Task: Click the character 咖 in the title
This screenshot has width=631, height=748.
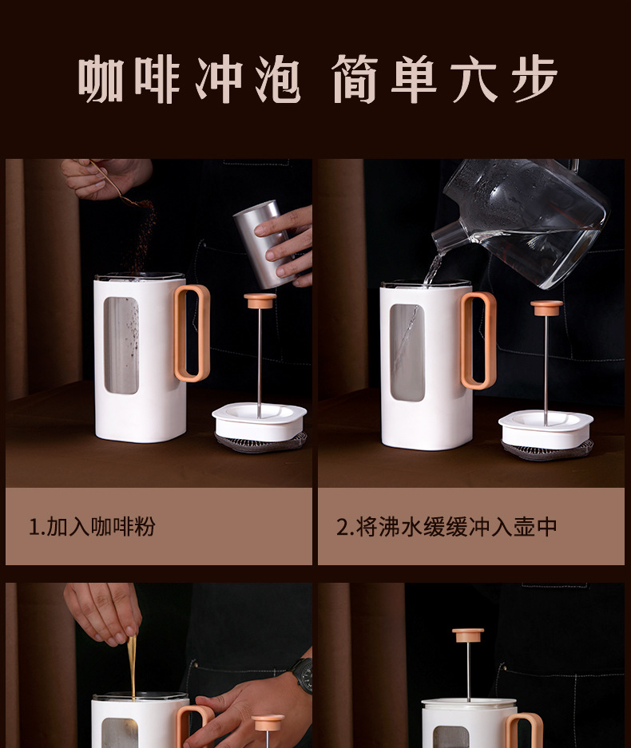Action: point(101,79)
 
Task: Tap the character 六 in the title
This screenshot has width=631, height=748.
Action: point(475,79)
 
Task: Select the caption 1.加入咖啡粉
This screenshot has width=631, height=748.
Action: point(92,527)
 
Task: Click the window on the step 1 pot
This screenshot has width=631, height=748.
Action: point(121,346)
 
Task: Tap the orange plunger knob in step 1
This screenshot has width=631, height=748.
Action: point(260,300)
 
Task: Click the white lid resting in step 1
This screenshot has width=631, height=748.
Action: point(260,420)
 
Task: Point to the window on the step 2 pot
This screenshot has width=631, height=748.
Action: point(407,352)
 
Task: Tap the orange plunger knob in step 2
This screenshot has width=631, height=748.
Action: point(546,307)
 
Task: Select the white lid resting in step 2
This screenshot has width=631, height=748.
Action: point(546,427)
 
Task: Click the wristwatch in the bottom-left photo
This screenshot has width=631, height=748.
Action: point(303,675)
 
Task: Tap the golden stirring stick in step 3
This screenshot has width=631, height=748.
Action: point(131,666)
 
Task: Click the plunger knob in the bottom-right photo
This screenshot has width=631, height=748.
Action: point(468,635)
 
